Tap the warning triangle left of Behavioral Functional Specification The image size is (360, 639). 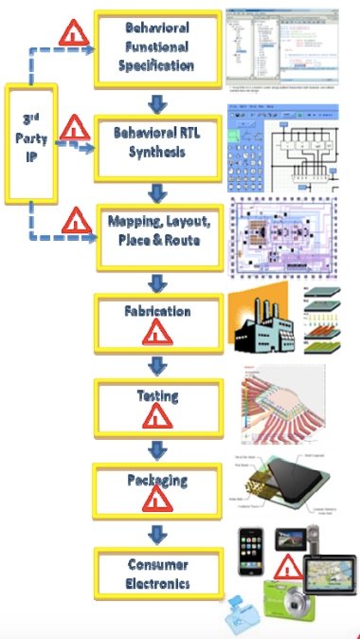69,34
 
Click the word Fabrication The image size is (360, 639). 157,311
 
